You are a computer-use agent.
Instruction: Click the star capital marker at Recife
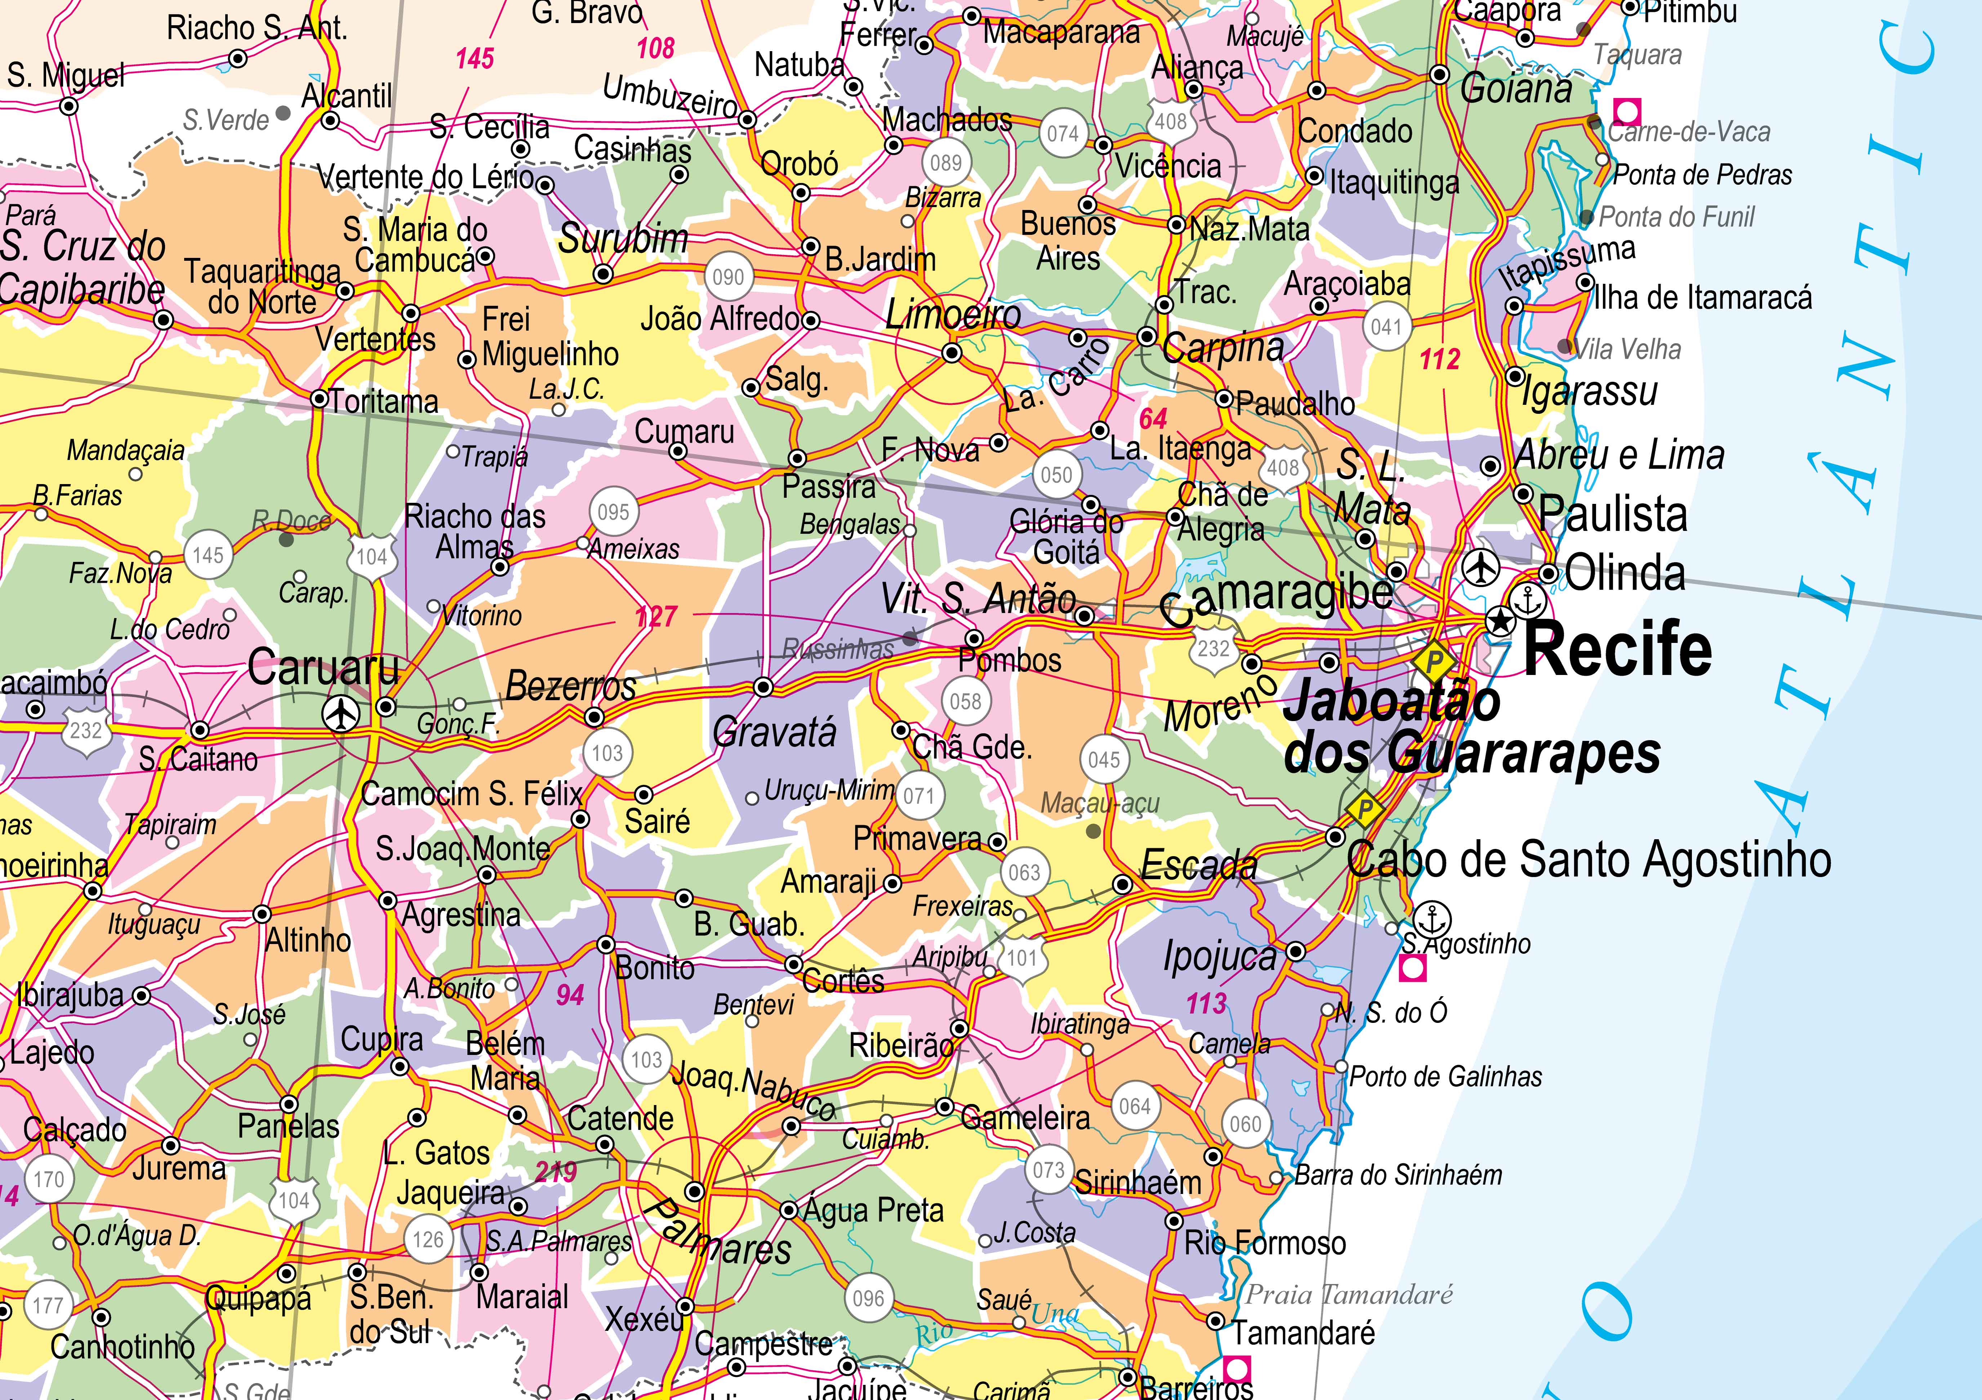point(1500,620)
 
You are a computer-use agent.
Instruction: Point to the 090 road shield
point(728,277)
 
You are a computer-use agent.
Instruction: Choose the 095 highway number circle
point(613,512)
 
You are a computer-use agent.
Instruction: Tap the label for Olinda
point(1625,573)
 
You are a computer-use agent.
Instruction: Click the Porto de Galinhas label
point(1445,1076)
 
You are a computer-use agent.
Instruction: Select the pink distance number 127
point(656,616)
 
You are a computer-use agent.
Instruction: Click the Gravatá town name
point(774,733)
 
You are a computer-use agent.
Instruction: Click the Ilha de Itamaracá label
point(1702,298)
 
